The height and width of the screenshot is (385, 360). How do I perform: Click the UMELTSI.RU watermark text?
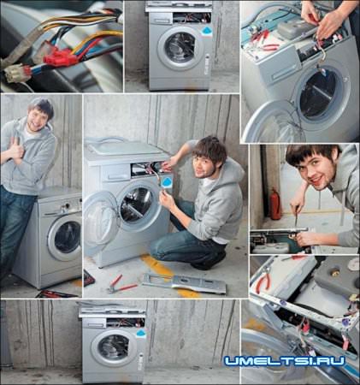[285, 361]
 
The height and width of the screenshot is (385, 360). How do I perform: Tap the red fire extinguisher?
[275, 204]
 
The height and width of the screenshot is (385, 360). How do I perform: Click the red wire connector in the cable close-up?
[60, 57]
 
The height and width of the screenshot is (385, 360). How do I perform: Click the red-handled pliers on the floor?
[121, 284]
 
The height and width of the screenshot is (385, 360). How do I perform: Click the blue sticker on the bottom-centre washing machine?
[141, 333]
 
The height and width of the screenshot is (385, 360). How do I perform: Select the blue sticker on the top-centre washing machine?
[206, 32]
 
